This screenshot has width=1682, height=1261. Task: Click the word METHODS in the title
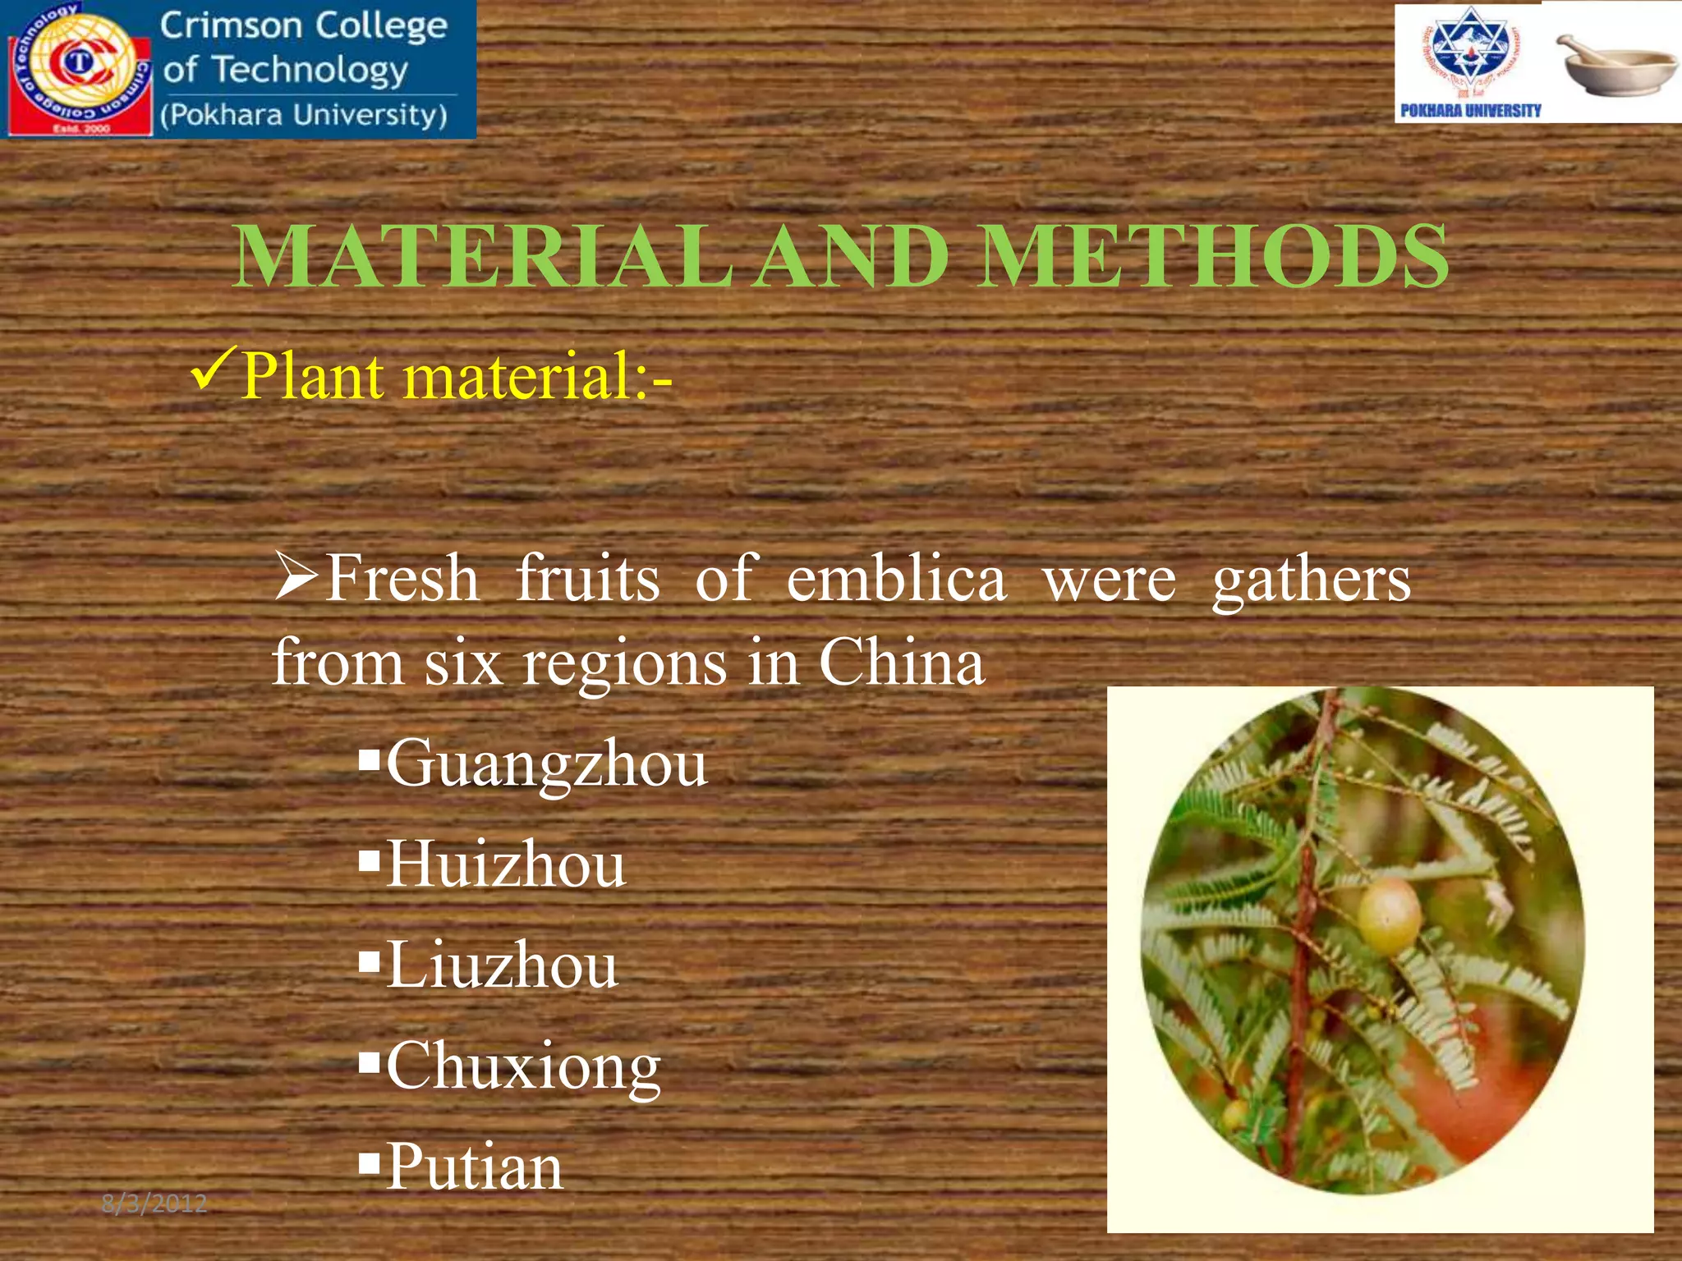[x=1213, y=257]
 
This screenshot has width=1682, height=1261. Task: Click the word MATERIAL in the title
[x=483, y=257]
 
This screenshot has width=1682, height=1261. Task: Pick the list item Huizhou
[x=506, y=864]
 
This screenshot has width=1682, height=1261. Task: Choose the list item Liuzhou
[x=502, y=965]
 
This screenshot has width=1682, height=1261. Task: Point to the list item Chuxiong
[x=524, y=1066]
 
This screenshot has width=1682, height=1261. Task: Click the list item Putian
[x=475, y=1167]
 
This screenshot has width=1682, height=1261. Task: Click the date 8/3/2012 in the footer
[x=154, y=1204]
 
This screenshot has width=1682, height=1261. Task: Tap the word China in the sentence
[x=902, y=663]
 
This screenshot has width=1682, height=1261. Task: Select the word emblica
[x=896, y=579]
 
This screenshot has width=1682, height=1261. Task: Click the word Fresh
[x=402, y=579]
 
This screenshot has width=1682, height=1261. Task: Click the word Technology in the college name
[x=310, y=71]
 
